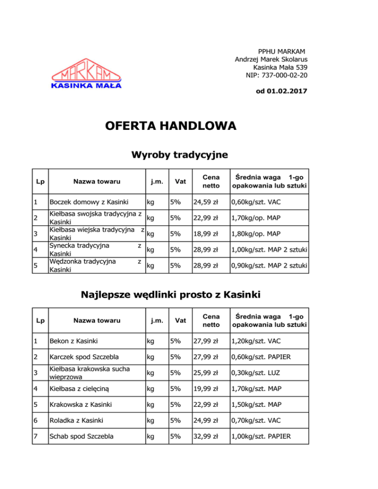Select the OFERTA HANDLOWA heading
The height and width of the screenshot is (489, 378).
click(x=171, y=126)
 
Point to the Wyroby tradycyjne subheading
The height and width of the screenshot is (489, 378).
click(x=179, y=155)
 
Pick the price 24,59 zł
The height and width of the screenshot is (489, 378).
click(x=205, y=202)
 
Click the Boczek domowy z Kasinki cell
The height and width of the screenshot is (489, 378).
click(x=89, y=202)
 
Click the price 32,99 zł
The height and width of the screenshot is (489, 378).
click(x=205, y=436)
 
